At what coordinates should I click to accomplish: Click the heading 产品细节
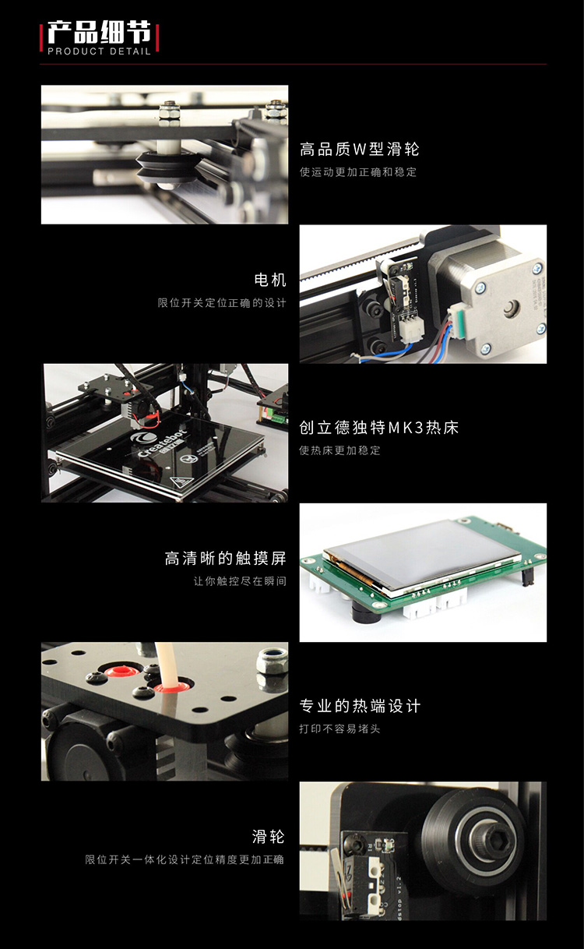[x=99, y=32]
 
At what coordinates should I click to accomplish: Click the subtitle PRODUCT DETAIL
[x=99, y=51]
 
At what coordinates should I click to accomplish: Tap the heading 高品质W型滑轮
[x=360, y=149]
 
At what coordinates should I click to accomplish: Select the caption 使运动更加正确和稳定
[x=358, y=172]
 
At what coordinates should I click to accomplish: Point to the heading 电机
[x=270, y=280]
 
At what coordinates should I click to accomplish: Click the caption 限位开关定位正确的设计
[x=222, y=303]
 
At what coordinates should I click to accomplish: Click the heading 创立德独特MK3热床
[x=379, y=428]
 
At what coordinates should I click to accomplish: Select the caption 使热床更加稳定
[x=339, y=450]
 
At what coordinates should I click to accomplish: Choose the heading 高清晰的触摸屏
[x=225, y=559]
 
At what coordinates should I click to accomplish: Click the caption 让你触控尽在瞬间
[x=240, y=581]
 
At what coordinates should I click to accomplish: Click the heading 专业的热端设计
[x=360, y=706]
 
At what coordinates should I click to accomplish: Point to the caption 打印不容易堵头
[x=339, y=729]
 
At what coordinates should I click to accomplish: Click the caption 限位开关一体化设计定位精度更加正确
[x=185, y=859]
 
